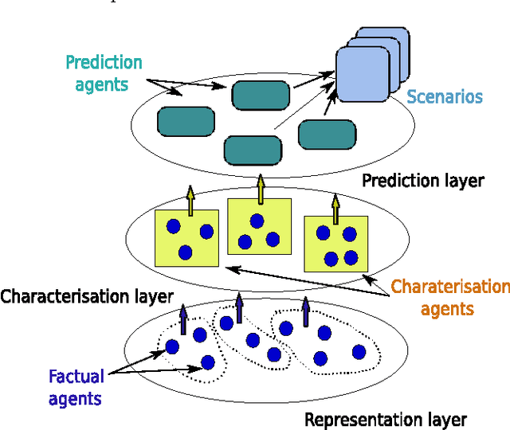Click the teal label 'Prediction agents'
104,72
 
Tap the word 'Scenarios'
445,97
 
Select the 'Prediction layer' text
422,181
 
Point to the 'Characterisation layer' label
87,297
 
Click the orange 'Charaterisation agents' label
451,298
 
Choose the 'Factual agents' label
75,386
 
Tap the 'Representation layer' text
386,420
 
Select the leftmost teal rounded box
186,121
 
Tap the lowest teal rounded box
253,149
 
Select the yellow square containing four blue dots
335,244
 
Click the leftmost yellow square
186,237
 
